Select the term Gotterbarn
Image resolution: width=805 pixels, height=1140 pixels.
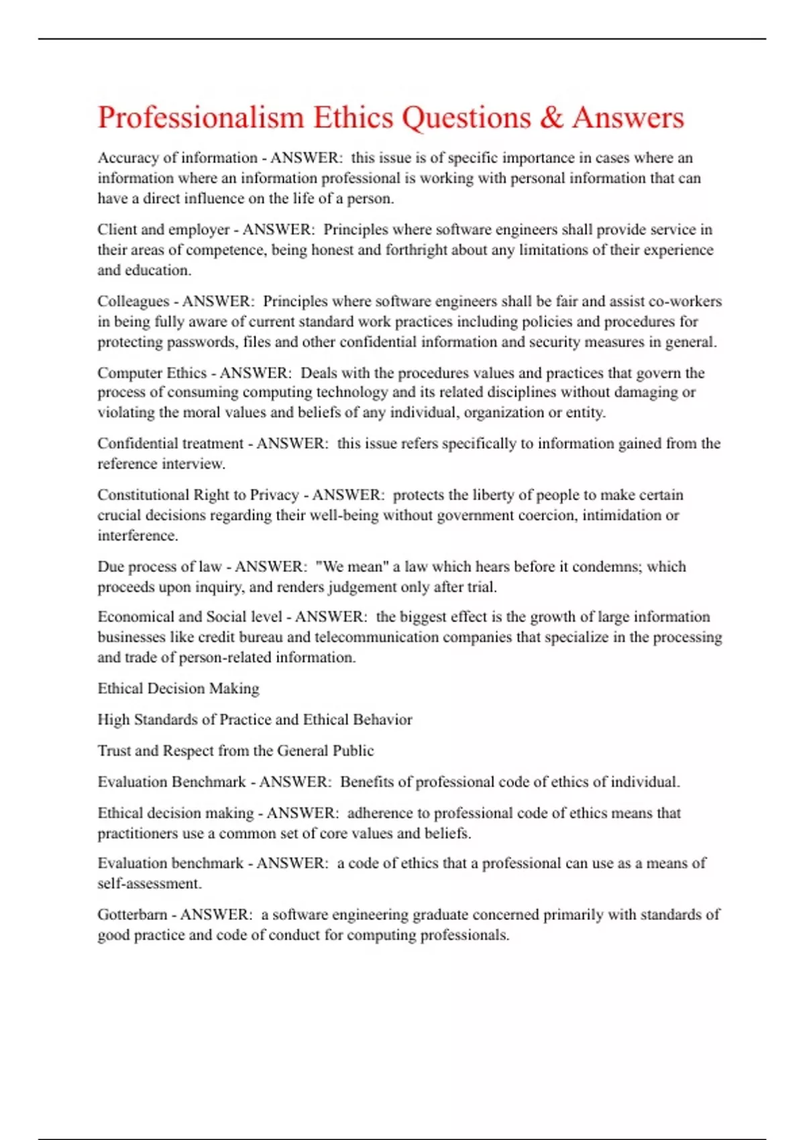[132, 915]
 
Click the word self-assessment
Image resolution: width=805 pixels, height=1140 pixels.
[150, 884]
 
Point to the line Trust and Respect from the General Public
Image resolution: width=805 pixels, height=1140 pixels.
[235, 751]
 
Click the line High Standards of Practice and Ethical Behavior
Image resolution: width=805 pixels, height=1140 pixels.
[255, 720]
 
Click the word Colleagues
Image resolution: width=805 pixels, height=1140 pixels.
[133, 301]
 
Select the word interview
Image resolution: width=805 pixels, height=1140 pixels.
[194, 464]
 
